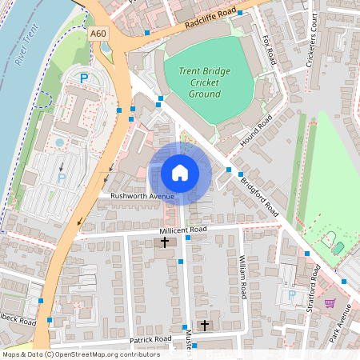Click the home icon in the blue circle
click(x=180, y=172)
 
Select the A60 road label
click(x=98, y=34)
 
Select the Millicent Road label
click(x=182, y=230)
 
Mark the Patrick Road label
click(x=151, y=340)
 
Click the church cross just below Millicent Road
click(x=166, y=242)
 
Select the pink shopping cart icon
click(x=330, y=302)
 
